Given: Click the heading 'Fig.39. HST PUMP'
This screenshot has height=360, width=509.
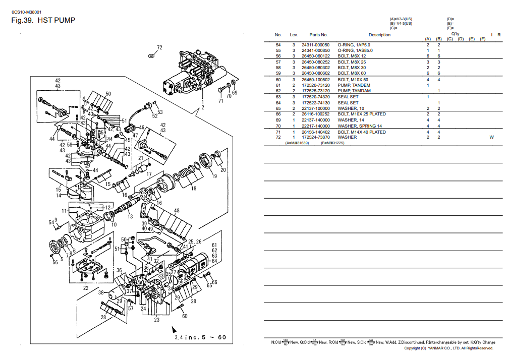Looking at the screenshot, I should pyautogui.click(x=43, y=21).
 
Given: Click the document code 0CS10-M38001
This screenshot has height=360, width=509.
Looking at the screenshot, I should pyautogui.click(x=26, y=11).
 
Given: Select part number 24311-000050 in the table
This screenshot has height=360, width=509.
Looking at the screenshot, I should pyautogui.click(x=315, y=45).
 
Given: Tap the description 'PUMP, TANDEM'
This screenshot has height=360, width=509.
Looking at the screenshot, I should pyautogui.click(x=354, y=85).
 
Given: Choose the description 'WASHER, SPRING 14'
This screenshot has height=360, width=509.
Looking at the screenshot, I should pyautogui.click(x=360, y=126).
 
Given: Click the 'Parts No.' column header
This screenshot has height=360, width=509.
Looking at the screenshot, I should pyautogui.click(x=318, y=35).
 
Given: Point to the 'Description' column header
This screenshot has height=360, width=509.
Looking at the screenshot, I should pyautogui.click(x=379, y=35).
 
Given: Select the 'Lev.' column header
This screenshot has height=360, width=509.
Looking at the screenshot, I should pyautogui.click(x=294, y=35).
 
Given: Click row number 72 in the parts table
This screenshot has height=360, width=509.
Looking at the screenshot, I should pyautogui.click(x=278, y=137).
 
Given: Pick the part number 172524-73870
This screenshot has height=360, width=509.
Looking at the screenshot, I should pyautogui.click(x=315, y=137).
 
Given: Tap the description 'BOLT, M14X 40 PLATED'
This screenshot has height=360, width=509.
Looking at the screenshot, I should pyautogui.click(x=361, y=132).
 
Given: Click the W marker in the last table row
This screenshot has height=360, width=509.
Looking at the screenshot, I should pyautogui.click(x=491, y=137).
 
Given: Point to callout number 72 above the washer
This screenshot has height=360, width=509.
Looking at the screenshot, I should pyautogui.click(x=159, y=48).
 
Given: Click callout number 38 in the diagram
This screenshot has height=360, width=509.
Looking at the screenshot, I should pyautogui.click(x=100, y=292).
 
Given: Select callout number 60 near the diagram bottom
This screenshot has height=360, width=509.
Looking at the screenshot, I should pyautogui.click(x=185, y=316).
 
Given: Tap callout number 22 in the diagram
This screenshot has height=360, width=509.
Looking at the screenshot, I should pyautogui.click(x=86, y=288).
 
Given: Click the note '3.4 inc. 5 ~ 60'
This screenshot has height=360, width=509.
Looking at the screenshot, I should pyautogui.click(x=200, y=337).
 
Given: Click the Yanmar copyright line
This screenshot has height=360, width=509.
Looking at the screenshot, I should pyautogui.click(x=448, y=348).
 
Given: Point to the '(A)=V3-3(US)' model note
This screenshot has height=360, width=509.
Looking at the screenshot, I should pyautogui.click(x=401, y=19).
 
